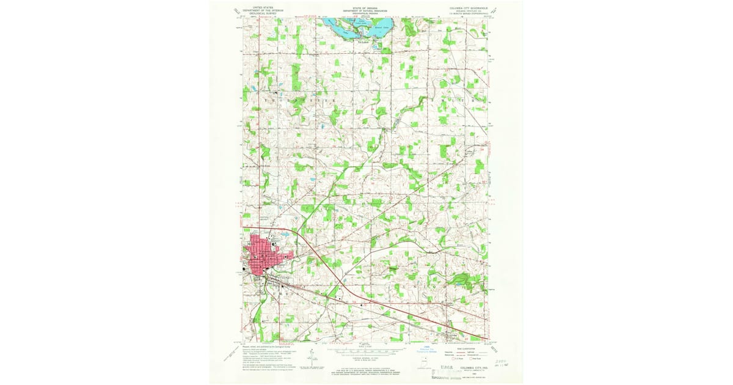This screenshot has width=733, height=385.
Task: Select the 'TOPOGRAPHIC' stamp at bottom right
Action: (446, 378)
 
